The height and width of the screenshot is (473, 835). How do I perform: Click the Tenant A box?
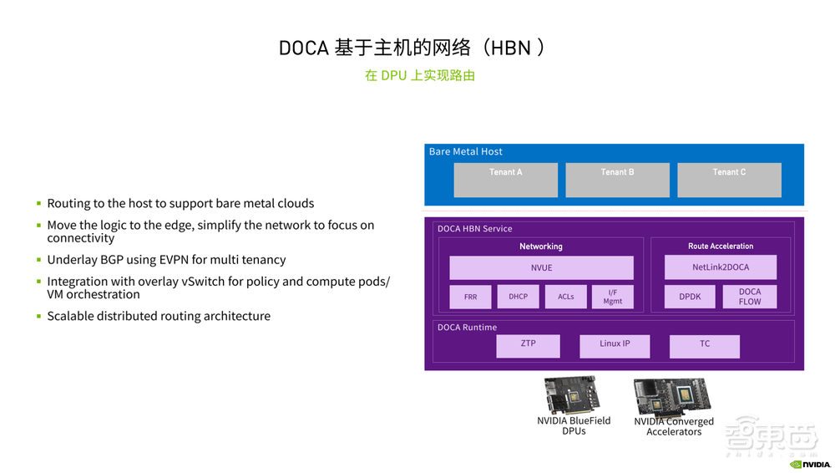505,180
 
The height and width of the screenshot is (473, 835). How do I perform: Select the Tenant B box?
617,180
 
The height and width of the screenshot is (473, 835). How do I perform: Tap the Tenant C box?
729,180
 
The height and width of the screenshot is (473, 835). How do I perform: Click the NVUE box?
541,267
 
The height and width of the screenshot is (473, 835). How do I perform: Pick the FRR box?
471,297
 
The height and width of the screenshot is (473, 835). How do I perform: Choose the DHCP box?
519,296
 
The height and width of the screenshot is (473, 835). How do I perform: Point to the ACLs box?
566,296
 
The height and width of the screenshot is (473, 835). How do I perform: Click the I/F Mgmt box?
613,296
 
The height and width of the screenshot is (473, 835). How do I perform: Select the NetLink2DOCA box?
721,267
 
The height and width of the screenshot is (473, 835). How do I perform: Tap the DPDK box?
690,296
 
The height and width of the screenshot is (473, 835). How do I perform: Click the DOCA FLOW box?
750,296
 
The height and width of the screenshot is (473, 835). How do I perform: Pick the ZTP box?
528,345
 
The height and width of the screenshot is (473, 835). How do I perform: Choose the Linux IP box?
615,345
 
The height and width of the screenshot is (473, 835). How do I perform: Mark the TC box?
705,345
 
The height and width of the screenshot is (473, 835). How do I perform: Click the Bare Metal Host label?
466,151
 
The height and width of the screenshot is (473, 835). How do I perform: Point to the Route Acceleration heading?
721,246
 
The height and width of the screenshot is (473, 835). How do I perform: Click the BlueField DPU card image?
573,395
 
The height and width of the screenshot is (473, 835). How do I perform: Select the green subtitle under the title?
420,75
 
